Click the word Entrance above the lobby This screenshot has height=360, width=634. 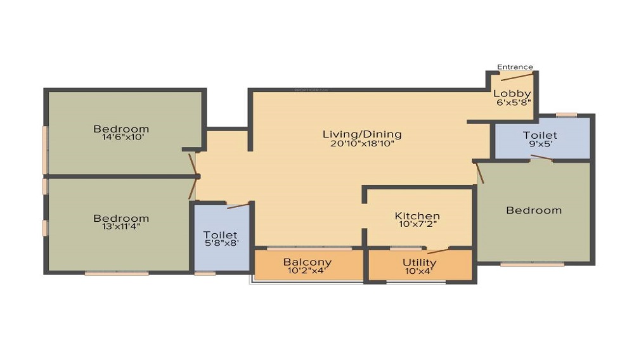515,67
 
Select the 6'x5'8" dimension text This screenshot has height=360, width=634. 512,102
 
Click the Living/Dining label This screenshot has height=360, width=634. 362,134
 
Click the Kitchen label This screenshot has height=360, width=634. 417,216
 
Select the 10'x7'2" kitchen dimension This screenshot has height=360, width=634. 417,224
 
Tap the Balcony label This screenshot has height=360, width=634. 307,262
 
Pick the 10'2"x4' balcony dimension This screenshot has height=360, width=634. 307,271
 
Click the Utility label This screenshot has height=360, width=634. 420,262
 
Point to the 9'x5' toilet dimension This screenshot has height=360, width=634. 540,144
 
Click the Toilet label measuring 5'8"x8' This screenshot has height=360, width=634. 220,235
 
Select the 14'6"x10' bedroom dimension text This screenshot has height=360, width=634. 121,137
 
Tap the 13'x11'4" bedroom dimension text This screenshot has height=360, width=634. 121,226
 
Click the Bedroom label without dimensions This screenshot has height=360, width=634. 534,210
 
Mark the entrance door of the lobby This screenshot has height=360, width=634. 516,77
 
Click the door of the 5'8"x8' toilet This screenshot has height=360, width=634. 238,205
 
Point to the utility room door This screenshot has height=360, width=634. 438,250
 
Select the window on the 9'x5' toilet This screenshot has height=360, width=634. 567,115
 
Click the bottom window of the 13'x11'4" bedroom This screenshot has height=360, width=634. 117,273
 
